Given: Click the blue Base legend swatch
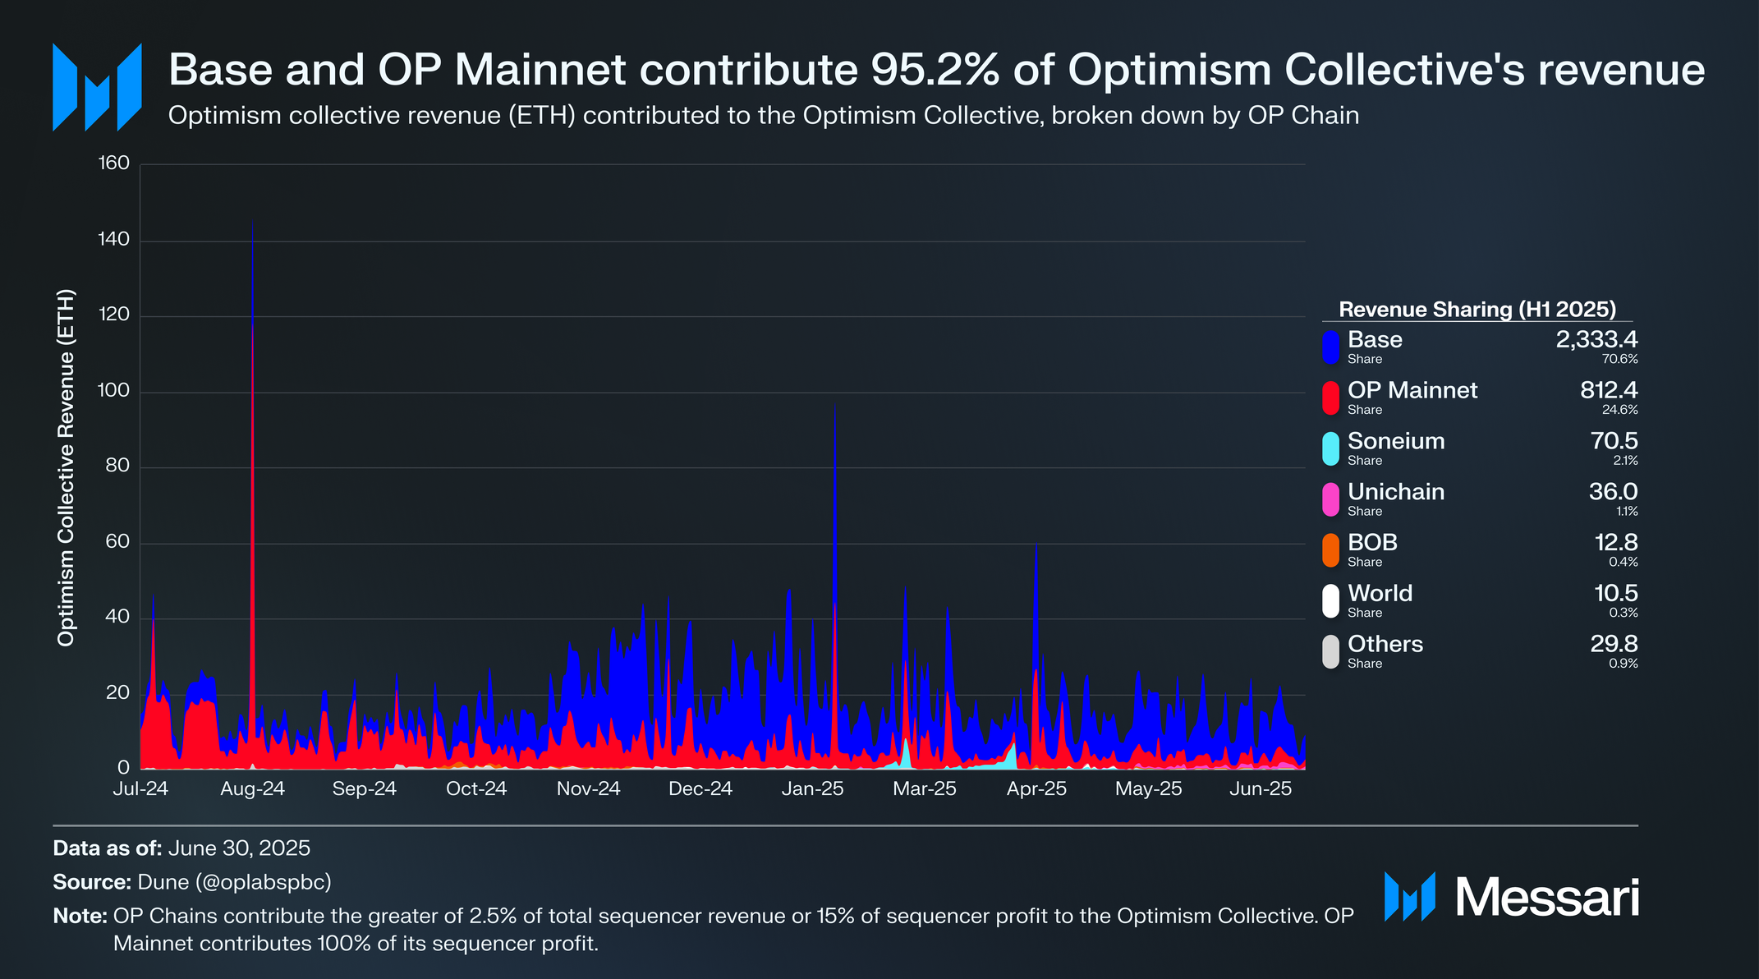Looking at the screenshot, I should point(1330,347).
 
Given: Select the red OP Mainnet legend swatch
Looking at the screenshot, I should point(1330,398).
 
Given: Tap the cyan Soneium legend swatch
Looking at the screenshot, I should point(1330,448).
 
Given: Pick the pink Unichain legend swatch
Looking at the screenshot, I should point(1330,499).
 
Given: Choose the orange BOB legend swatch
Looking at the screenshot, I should point(1330,550).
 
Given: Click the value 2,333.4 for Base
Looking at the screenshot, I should point(1596,340).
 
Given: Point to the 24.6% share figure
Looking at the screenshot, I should point(1619,410).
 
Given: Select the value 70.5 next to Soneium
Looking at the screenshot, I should point(1614,441).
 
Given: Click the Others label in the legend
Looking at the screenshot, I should point(1385,644).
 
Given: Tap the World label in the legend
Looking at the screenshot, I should point(1380,593).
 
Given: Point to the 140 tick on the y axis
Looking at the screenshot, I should point(113,240).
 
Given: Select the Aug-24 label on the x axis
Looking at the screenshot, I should point(252,789).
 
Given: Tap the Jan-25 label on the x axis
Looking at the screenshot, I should point(812,789).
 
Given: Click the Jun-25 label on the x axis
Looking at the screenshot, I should point(1261,789).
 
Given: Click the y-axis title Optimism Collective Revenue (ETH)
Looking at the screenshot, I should point(67,467).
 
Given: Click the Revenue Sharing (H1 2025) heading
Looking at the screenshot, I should point(1477,310).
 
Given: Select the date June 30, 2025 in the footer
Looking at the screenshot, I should point(239,848).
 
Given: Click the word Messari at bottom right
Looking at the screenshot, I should point(1547,897).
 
